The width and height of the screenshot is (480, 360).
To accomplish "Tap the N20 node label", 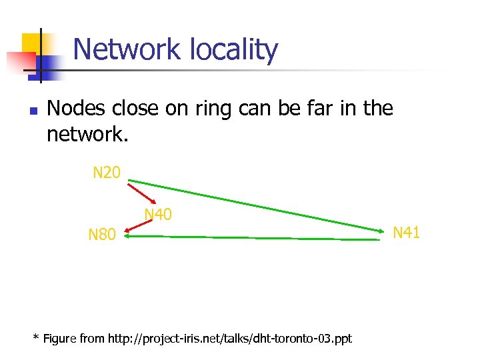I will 107,174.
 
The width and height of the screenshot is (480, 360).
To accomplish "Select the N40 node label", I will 159,214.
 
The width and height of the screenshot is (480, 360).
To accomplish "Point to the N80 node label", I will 103,235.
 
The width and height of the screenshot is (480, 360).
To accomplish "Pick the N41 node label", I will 406,233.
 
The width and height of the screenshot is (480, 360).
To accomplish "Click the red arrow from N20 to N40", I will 143,191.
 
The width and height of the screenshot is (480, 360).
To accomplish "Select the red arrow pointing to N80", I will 139,227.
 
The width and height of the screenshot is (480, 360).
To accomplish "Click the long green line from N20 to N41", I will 253,204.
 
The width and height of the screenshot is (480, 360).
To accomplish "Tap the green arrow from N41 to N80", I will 253,237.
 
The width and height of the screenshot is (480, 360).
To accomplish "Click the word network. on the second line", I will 87,134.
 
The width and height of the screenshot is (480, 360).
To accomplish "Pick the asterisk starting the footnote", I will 36,337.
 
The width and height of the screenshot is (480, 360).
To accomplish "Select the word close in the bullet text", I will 135,108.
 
